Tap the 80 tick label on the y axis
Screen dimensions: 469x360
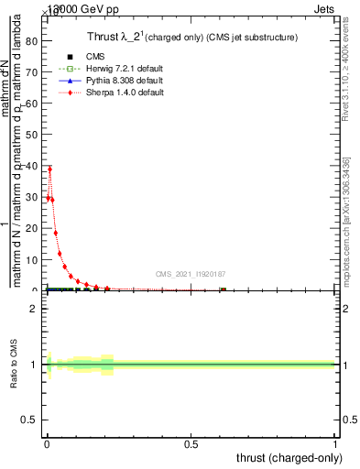coord(32,41)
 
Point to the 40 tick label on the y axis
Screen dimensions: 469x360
coord(32,166)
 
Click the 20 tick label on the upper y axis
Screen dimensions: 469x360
coord(32,228)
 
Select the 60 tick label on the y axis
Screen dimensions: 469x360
coord(32,104)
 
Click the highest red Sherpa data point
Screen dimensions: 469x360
coord(49,169)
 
